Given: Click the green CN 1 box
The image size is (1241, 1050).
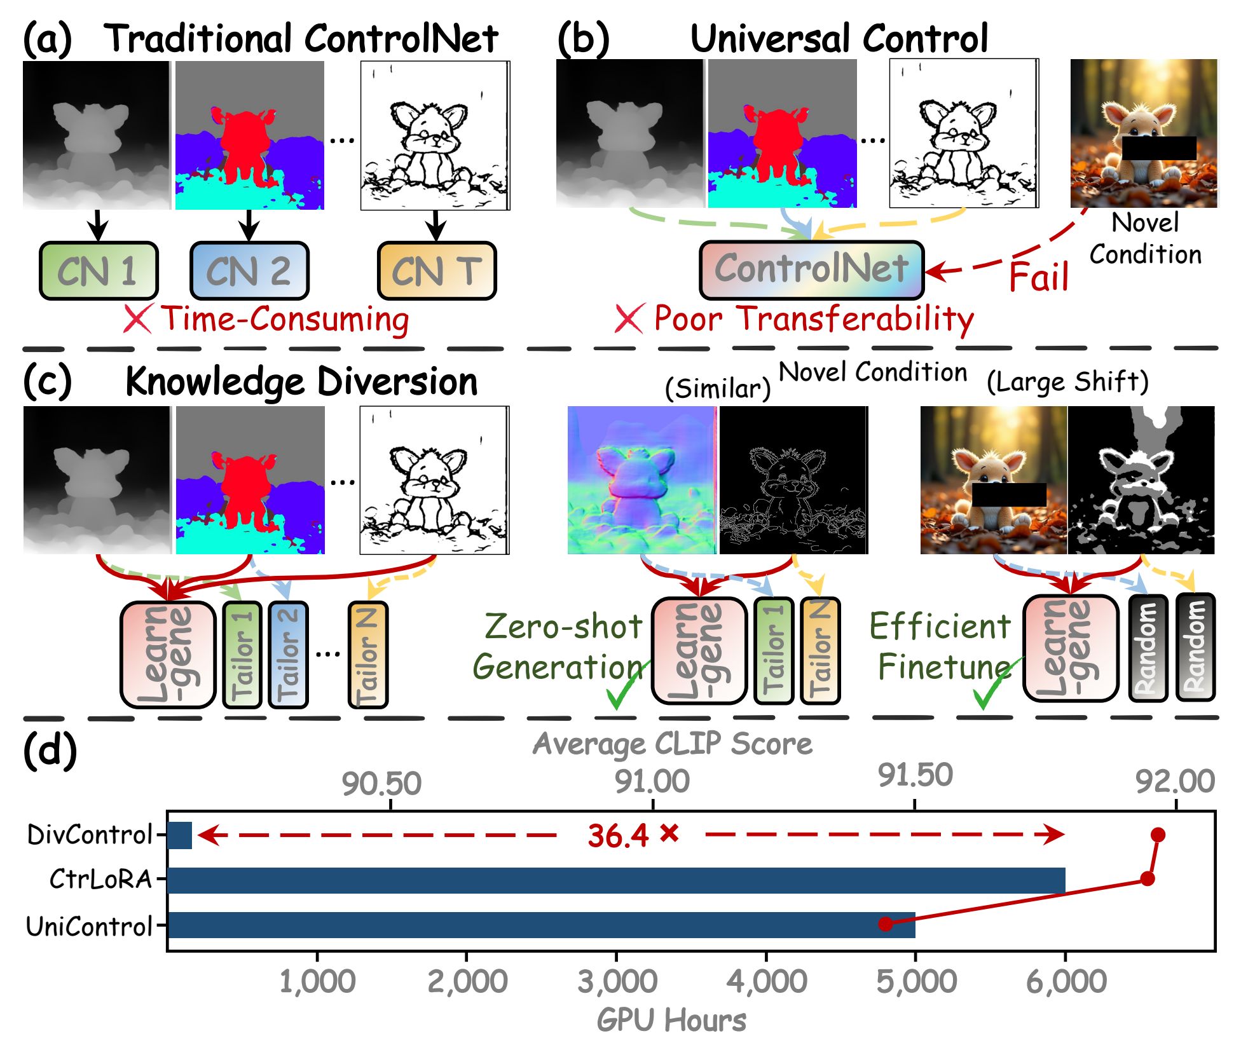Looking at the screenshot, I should point(99,271).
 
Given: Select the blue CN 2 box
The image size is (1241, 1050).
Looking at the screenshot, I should point(249,271).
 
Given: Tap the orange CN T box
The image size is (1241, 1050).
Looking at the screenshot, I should point(437,271).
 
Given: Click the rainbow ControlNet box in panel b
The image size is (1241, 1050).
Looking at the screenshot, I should point(811,269).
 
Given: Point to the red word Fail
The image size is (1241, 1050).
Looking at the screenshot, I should point(1039,277).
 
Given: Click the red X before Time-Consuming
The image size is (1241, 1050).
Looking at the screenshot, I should point(137,318).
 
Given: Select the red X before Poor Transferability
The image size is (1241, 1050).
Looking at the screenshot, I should point(629,318).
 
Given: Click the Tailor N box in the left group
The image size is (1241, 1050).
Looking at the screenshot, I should point(368,655).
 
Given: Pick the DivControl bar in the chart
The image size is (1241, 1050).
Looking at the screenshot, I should point(179,835).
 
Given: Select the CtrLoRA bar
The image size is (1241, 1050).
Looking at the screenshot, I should point(616,880).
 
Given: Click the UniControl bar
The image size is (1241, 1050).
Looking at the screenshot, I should point(541,925).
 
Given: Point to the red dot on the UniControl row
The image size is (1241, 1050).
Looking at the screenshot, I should point(886,924).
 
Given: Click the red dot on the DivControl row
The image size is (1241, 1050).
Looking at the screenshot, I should point(1158,835).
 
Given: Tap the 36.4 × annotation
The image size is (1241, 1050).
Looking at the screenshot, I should point(633,835).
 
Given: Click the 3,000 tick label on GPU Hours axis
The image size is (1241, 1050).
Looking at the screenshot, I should point(617,981).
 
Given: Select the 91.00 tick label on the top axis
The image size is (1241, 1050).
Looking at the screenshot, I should point(652,782).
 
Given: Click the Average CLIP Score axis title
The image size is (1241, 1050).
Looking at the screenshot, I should point(672,744).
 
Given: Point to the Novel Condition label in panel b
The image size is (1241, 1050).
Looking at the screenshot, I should point(1145,239).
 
